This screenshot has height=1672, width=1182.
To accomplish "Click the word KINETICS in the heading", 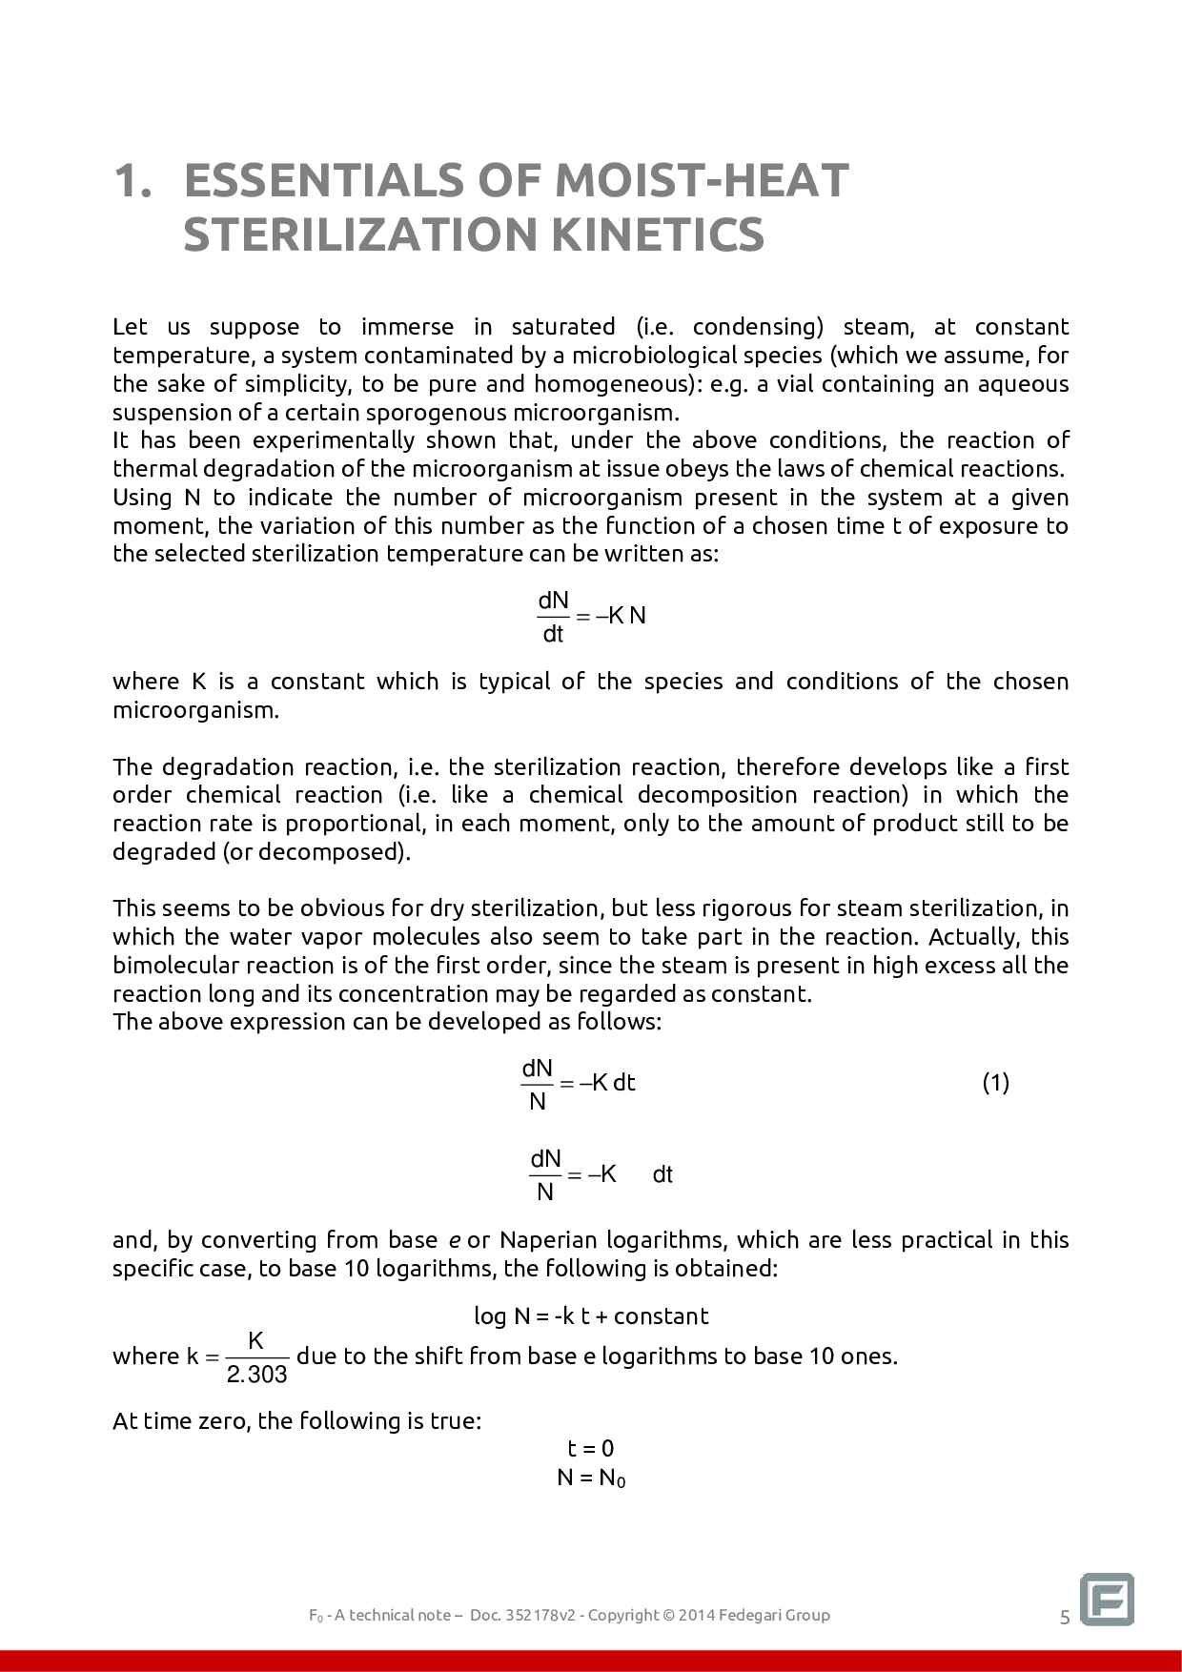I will [x=657, y=234].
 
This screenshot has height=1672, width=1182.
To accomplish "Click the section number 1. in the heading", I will [x=132, y=180].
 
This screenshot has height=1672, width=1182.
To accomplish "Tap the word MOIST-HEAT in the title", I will [x=702, y=180].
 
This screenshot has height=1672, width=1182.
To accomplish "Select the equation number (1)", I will [x=995, y=1082].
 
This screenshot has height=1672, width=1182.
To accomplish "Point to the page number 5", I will [x=1065, y=1617].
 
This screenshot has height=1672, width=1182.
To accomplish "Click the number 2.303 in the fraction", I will [x=257, y=1374].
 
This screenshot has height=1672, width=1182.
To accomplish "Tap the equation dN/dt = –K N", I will [x=591, y=616].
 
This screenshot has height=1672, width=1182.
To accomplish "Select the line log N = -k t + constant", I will [x=591, y=1316].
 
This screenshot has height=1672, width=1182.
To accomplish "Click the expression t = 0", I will [x=591, y=1449].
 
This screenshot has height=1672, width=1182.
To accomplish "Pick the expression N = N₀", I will [x=591, y=1478].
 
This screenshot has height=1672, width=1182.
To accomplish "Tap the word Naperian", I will [x=542, y=1240].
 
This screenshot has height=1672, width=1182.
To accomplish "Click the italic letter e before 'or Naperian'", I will [x=456, y=1240].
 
